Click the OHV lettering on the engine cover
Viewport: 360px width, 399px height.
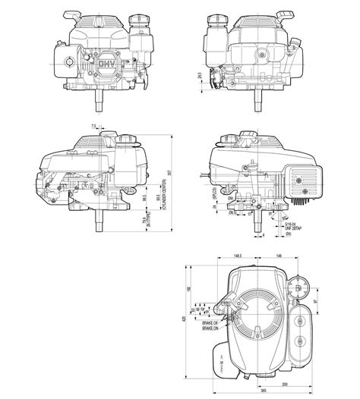(106, 65)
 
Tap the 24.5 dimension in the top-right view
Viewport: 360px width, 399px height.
(198, 77)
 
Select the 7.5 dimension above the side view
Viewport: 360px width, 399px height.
(93, 126)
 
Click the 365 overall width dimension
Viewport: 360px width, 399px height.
(263, 392)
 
